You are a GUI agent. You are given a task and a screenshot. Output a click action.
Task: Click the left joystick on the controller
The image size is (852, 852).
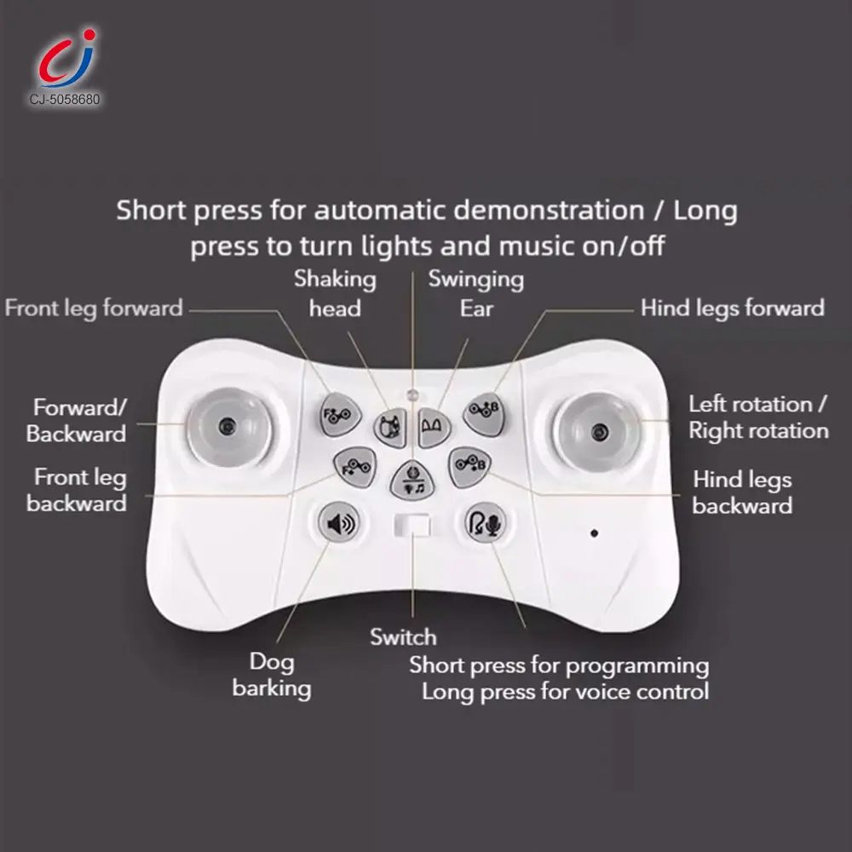tap(228, 427)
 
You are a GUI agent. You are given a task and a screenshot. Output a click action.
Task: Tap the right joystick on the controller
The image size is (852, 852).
tap(598, 432)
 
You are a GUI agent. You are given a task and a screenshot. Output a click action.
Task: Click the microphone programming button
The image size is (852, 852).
tap(486, 523)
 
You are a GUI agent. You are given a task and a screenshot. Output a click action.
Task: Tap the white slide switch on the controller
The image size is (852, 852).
tap(412, 526)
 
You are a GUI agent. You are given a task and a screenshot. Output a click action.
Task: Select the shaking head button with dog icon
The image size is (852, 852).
tap(390, 427)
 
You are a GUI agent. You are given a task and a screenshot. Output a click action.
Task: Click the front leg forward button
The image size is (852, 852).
tap(340, 415)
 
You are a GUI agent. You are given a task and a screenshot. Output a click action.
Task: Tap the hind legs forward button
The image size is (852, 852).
tap(484, 414)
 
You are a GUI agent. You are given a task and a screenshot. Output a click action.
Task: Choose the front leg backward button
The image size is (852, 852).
tap(354, 467)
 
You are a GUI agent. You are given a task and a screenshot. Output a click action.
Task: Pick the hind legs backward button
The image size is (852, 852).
tap(469, 467)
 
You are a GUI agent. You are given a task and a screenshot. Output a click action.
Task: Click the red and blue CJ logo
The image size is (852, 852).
tap(66, 59)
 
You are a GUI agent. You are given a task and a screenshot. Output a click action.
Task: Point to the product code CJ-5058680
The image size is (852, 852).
tap(65, 100)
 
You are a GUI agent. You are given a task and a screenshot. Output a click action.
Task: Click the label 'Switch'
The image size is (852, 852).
tap(403, 636)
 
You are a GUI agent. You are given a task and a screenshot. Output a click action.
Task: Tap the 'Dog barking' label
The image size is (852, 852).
tap(272, 676)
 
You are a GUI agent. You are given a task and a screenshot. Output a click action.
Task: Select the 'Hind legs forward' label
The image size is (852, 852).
tap(733, 308)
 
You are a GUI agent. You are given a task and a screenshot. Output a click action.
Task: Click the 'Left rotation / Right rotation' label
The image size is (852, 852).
tap(758, 417)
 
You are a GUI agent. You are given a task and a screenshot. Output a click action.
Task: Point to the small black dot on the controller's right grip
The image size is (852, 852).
tap(595, 533)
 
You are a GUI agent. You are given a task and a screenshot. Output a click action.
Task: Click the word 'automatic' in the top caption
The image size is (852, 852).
tap(380, 210)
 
